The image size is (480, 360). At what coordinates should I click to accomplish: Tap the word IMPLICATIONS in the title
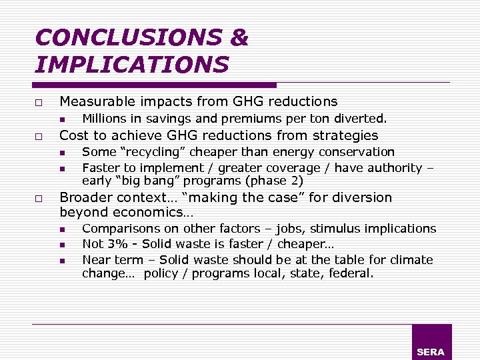pos(131,64)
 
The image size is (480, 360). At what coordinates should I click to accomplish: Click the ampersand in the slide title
pos(238,37)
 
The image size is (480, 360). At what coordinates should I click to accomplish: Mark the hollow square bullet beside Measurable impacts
pos(39,103)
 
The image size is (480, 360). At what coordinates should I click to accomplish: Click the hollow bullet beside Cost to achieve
pos(39,137)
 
